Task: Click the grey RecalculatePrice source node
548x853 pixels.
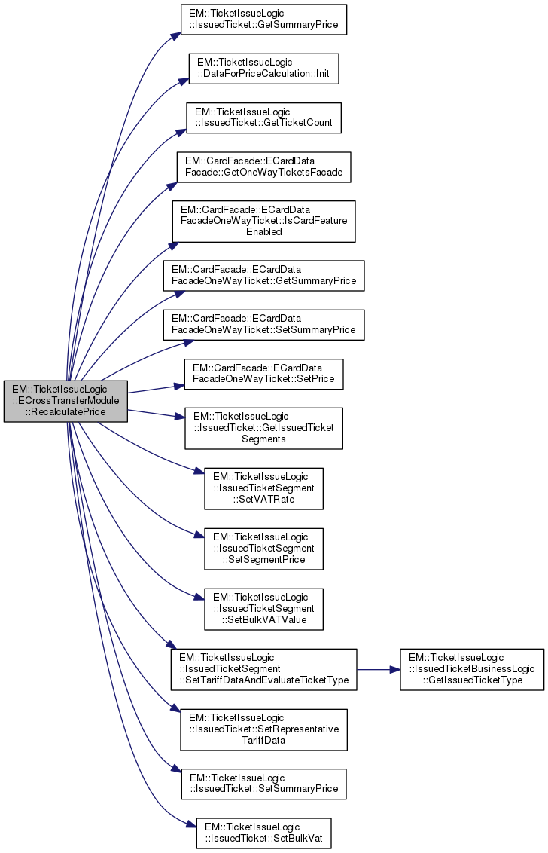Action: [x=65, y=401]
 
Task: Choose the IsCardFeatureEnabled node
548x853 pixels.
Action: [x=263, y=221]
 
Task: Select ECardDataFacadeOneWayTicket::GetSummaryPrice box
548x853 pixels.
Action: [x=264, y=276]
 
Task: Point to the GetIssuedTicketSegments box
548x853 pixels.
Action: [x=264, y=428]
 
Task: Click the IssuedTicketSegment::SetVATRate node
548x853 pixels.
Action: [x=263, y=488]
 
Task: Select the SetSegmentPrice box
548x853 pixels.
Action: [x=263, y=548]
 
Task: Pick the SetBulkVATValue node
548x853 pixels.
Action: [x=263, y=609]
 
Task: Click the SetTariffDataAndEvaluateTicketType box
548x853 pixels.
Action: [x=263, y=669]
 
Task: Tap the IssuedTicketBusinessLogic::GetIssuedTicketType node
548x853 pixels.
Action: [x=471, y=669]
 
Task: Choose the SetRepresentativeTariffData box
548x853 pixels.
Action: [x=263, y=729]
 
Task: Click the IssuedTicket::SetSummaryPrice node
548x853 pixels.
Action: [x=263, y=784]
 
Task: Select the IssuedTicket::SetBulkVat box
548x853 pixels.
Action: [x=263, y=832]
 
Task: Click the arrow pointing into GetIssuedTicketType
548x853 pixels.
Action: [x=394, y=669]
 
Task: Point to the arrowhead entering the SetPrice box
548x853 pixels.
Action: [x=181, y=386]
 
